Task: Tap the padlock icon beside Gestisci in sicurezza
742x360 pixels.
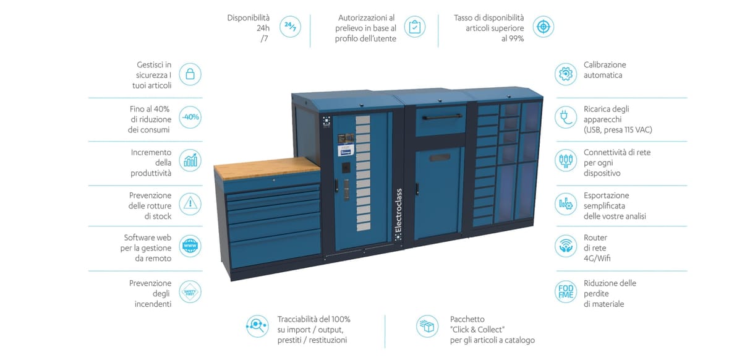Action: pos(190,75)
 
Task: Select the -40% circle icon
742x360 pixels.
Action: pos(190,117)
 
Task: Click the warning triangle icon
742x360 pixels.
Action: pos(190,203)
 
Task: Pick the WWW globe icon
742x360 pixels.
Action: pos(190,246)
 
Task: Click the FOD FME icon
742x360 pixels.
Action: pos(565,293)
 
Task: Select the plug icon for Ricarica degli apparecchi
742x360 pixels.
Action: pos(565,117)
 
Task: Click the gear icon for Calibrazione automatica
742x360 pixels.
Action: pos(565,75)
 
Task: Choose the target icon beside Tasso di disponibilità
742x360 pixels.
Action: pos(543,27)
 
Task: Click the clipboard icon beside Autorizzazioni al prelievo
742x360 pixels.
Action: pos(415,27)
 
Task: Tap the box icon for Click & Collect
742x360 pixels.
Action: pos(427,326)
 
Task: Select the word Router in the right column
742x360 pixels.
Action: pos(595,238)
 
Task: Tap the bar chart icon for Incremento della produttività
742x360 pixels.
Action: pos(190,160)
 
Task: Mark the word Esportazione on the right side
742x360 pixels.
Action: pos(606,195)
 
